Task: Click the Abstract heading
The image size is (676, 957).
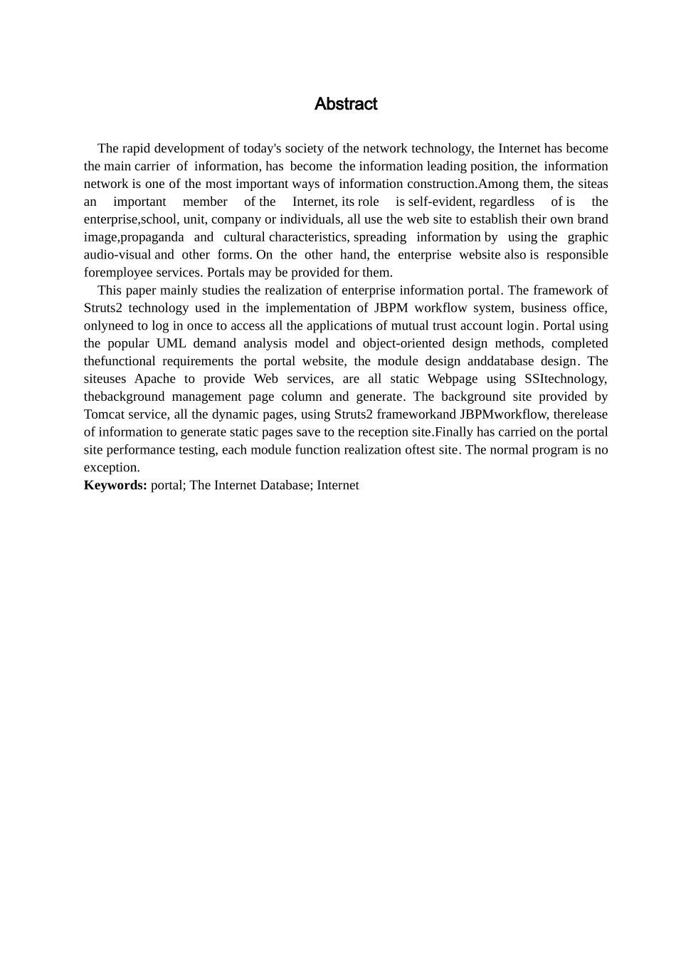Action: (346, 104)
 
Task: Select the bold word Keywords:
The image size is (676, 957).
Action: (115, 486)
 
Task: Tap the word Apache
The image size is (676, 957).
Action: (154, 379)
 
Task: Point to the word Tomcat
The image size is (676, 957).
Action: (104, 414)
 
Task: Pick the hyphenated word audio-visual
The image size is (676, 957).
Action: (117, 255)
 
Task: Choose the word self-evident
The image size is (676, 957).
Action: (440, 202)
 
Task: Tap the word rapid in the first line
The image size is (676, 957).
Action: (137, 149)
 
